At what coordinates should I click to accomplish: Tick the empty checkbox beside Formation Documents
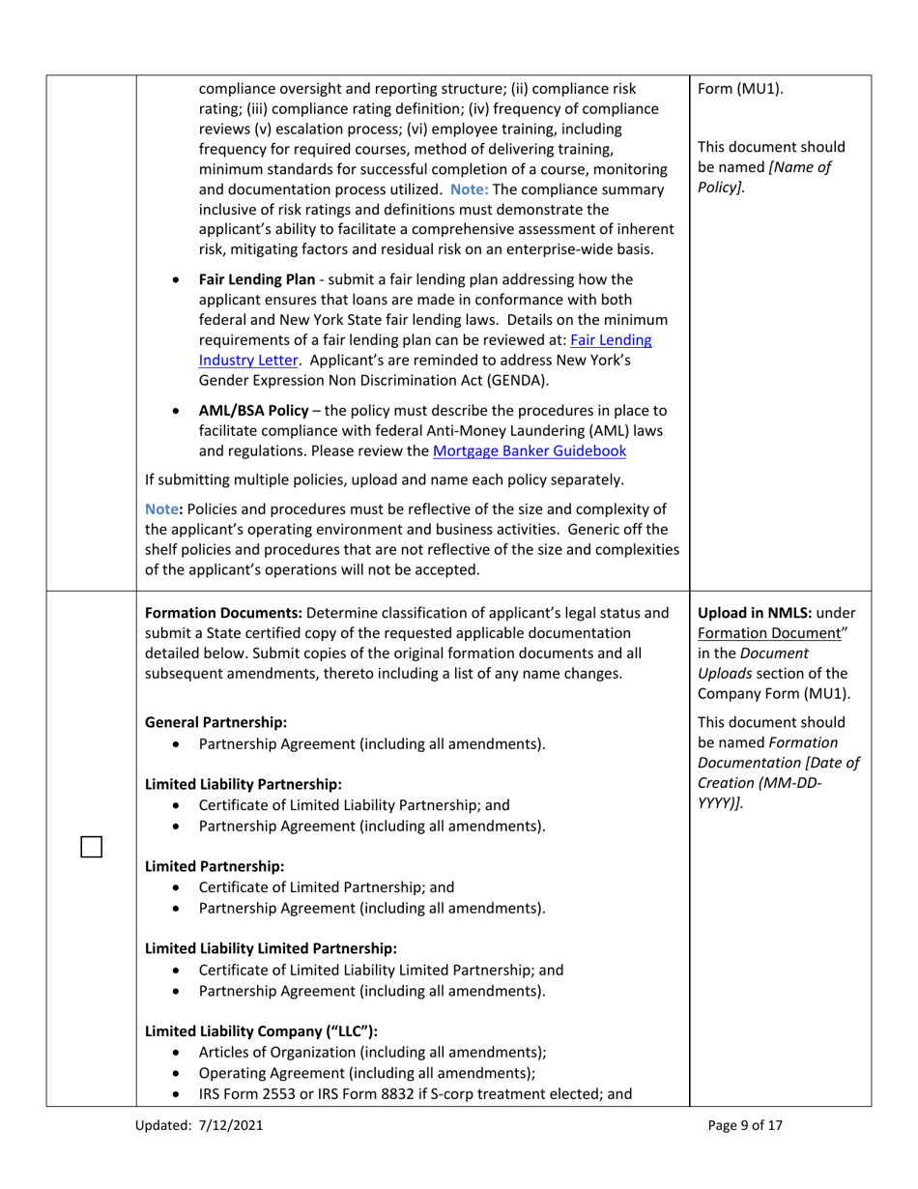point(91,846)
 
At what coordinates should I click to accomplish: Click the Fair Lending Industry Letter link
point(425,350)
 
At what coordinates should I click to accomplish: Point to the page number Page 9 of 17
point(744,1124)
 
